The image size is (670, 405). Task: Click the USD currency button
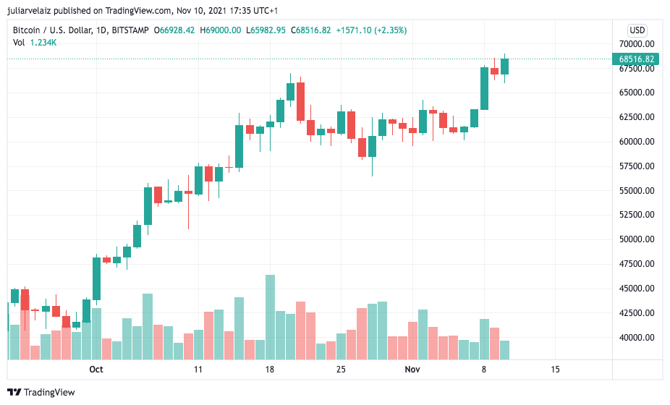637,30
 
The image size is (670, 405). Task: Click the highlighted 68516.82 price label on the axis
637,59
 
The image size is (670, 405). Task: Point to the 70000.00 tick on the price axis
637,43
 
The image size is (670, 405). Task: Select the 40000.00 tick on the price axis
637,337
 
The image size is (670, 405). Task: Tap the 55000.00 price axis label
637,190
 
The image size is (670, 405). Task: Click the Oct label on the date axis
96,370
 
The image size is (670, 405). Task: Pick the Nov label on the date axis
412,370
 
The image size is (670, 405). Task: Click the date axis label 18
270,370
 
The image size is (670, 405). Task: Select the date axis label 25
341,370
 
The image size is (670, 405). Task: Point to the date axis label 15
555,370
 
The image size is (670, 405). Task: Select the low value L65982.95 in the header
266,30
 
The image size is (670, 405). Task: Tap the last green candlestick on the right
504,67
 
